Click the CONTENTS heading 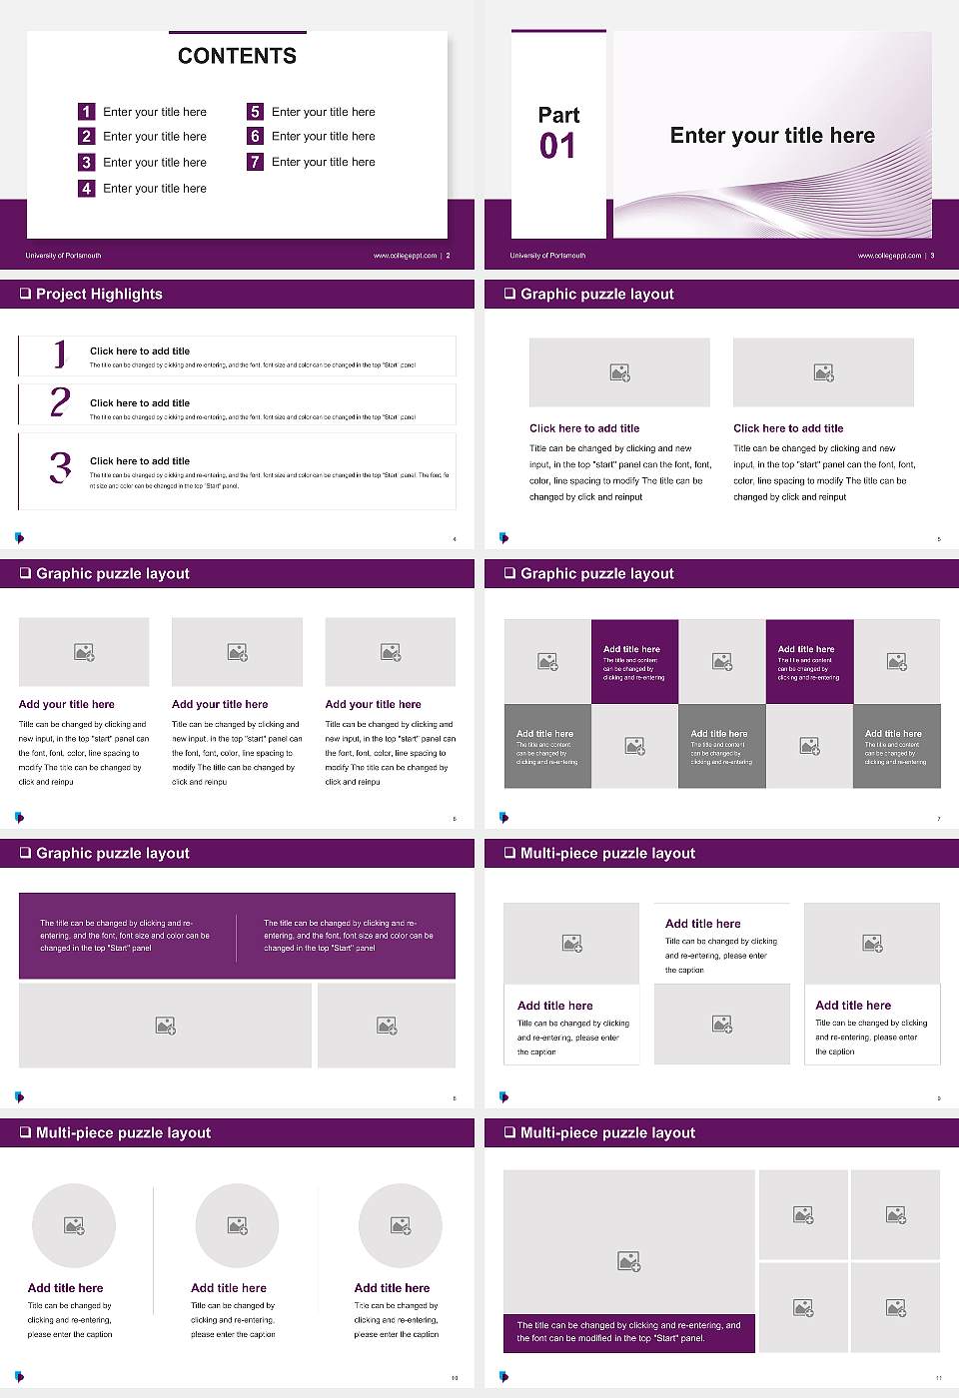point(237,56)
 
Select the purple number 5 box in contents point(255,112)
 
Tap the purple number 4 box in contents point(86,188)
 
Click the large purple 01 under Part point(557,147)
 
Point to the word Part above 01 point(558,115)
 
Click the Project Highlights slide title point(99,294)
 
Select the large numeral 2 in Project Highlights point(60,402)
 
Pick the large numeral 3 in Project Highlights point(60,467)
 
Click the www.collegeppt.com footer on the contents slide point(405,256)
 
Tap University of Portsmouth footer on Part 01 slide point(547,256)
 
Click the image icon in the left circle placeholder point(74,1225)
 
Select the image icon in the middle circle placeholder point(237,1225)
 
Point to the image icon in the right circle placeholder point(401,1225)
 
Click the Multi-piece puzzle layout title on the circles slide point(123,1132)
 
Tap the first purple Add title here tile point(634,661)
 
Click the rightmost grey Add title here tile point(896,746)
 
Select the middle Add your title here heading point(220,704)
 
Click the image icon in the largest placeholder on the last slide point(628,1262)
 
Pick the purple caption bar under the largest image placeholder point(628,1332)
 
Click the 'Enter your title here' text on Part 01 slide point(772,136)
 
